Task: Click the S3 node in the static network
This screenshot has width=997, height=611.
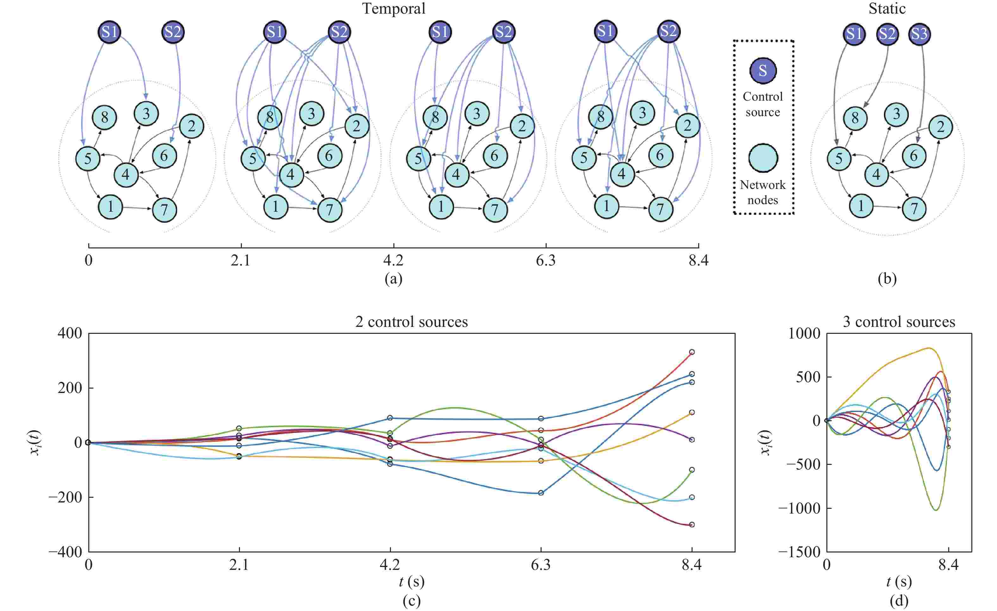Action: pos(919,34)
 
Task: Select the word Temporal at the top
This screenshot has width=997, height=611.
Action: pos(394,9)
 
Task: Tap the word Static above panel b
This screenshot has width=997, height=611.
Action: pos(887,9)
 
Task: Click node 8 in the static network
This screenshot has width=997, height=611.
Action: pos(855,118)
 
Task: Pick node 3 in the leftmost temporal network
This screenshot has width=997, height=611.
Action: pos(146,113)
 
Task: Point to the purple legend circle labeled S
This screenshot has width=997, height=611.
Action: pos(763,71)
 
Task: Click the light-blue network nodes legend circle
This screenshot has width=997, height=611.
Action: pos(763,158)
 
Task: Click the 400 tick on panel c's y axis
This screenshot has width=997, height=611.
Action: pos(70,334)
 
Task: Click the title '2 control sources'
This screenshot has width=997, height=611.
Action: pos(411,322)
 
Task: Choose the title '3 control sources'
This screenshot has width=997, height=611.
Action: pos(899,322)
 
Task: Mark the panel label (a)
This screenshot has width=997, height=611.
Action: pos(393,279)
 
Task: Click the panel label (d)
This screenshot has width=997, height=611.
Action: pos(899,601)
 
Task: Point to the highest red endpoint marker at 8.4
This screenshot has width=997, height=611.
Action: pos(692,352)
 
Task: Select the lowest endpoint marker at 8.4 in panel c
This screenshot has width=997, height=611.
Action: pos(692,524)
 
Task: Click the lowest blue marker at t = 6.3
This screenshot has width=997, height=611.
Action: pos(541,493)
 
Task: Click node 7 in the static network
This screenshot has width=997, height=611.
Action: pos(914,209)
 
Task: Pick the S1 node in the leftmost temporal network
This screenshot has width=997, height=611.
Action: pos(110,32)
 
